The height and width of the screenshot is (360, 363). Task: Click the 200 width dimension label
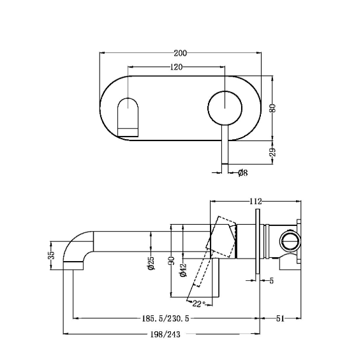(180, 53)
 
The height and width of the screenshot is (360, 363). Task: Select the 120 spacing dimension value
(177, 67)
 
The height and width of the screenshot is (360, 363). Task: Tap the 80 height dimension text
(273, 108)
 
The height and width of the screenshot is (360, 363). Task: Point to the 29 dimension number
(273, 152)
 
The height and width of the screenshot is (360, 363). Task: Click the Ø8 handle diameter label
(243, 172)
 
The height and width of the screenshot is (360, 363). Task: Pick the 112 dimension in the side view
(255, 201)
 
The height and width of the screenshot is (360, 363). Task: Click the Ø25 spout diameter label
(151, 263)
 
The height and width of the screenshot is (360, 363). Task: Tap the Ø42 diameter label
(183, 269)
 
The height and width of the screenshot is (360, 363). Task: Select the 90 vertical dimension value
(172, 261)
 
